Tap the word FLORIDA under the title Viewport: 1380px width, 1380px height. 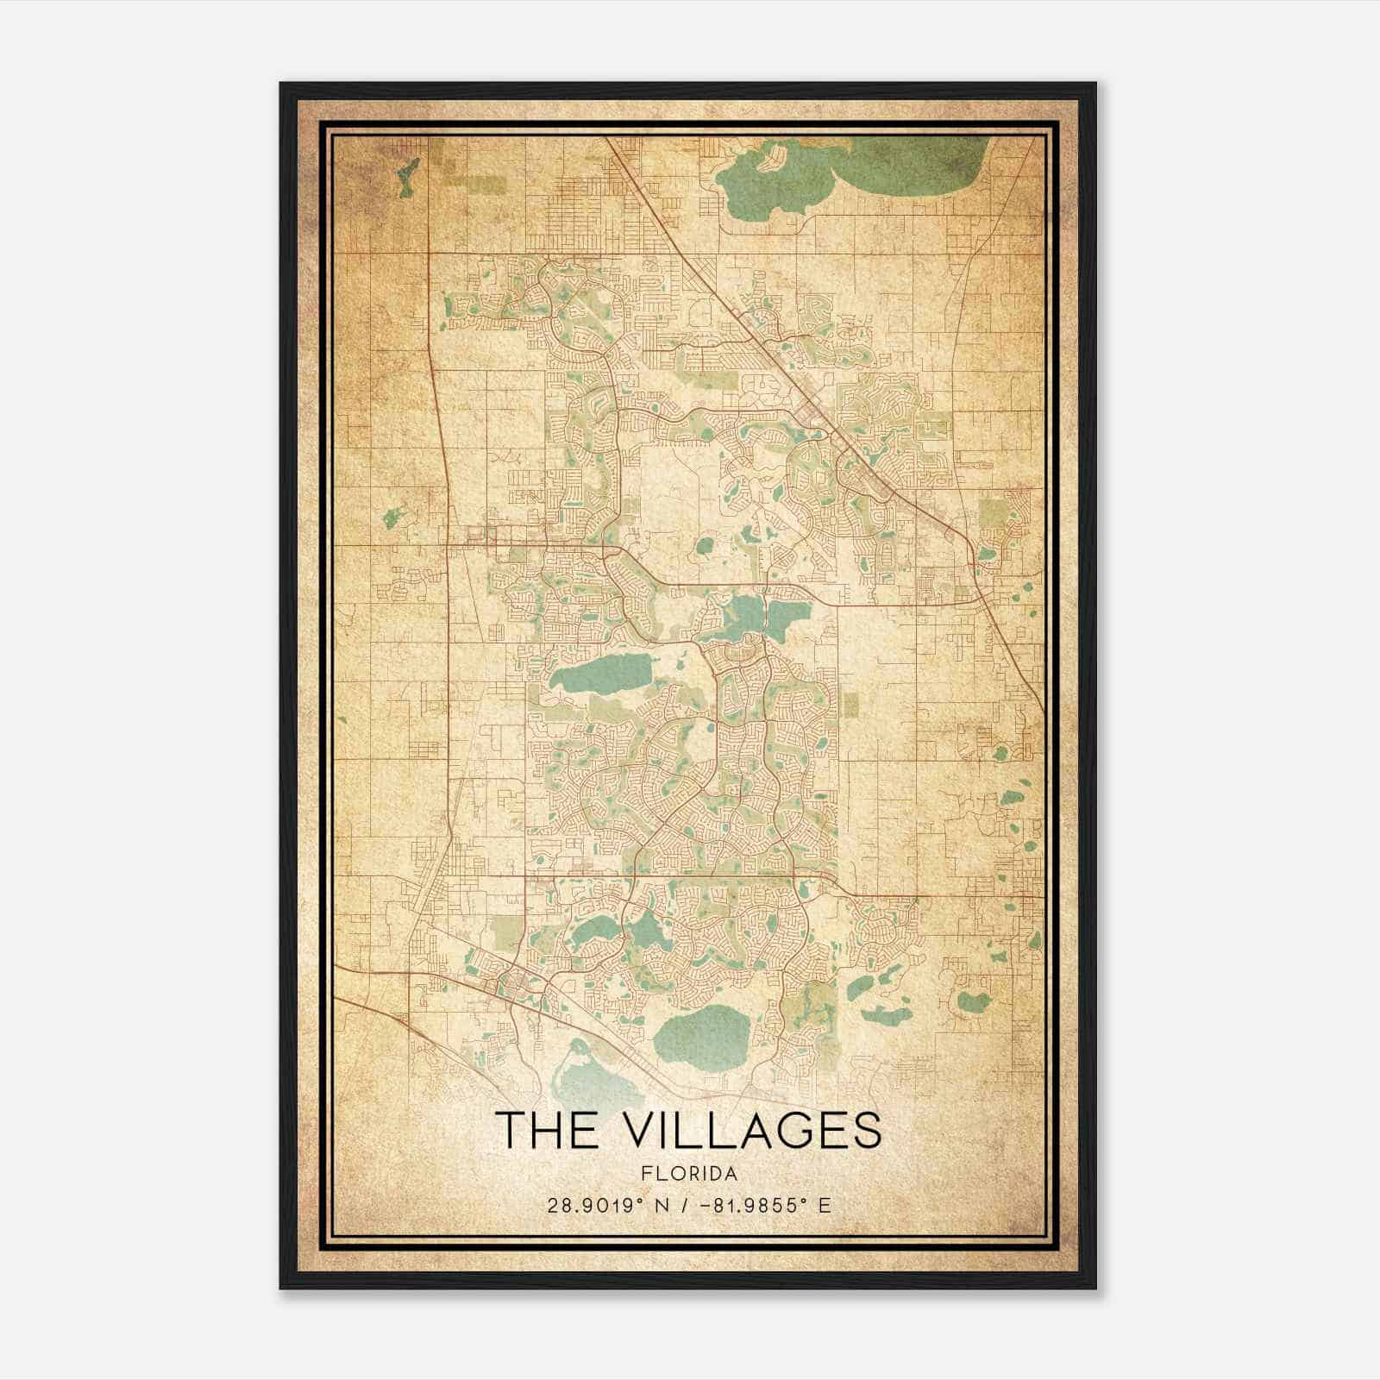(689, 1174)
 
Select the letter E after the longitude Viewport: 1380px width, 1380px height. (825, 1206)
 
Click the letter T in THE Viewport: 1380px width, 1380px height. (509, 1130)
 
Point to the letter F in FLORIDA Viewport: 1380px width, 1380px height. (646, 1174)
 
